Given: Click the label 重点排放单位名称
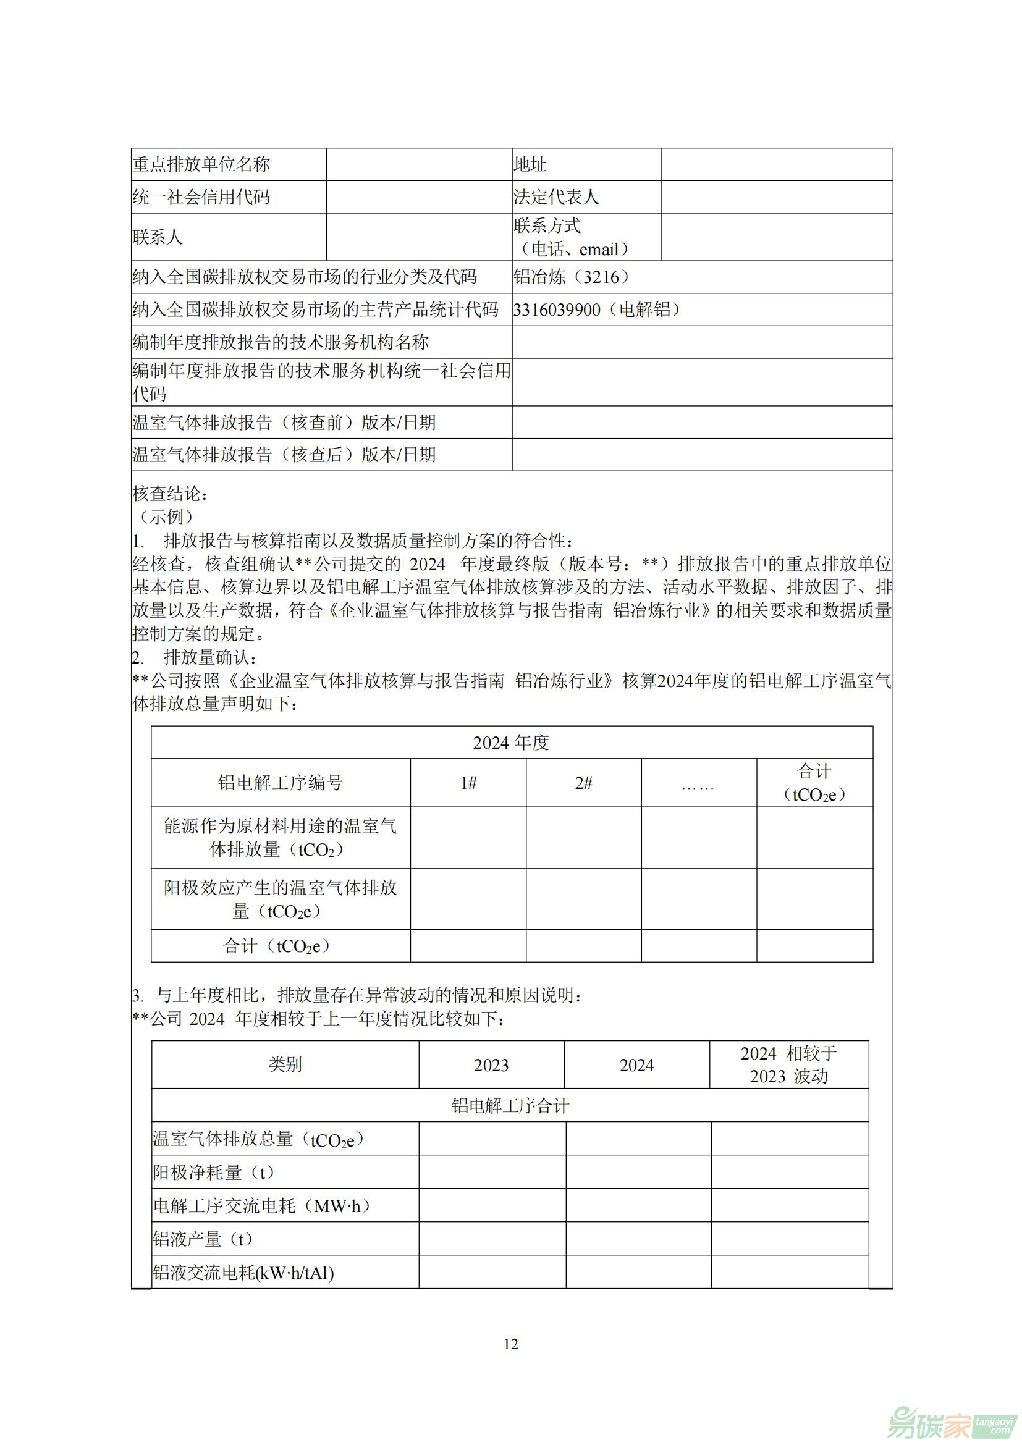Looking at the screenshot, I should [x=201, y=165].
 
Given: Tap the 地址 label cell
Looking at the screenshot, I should [x=530, y=165].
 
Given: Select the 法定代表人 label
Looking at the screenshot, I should [x=555, y=198].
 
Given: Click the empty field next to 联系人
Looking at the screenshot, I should [x=419, y=237].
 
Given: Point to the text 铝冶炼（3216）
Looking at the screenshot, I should [x=572, y=277].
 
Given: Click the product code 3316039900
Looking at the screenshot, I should [x=557, y=310].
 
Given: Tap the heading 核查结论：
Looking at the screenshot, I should [x=171, y=494].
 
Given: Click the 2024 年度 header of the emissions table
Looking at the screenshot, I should [x=511, y=743].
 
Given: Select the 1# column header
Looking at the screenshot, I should [x=468, y=783].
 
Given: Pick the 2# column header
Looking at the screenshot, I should [x=583, y=783].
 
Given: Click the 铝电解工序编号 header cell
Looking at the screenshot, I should [x=281, y=783].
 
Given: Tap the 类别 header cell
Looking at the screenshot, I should [x=285, y=1064].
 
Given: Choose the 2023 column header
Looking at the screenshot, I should [x=491, y=1065].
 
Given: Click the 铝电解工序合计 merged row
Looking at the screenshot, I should [x=510, y=1106].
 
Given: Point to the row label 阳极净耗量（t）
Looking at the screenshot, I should [x=214, y=1172].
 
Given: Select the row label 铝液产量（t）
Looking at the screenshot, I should [x=203, y=1239].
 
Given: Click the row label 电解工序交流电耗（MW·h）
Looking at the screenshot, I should [x=262, y=1206].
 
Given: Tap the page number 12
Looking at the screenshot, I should [x=511, y=1344].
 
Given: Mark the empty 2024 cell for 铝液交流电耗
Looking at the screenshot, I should [x=638, y=1273].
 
